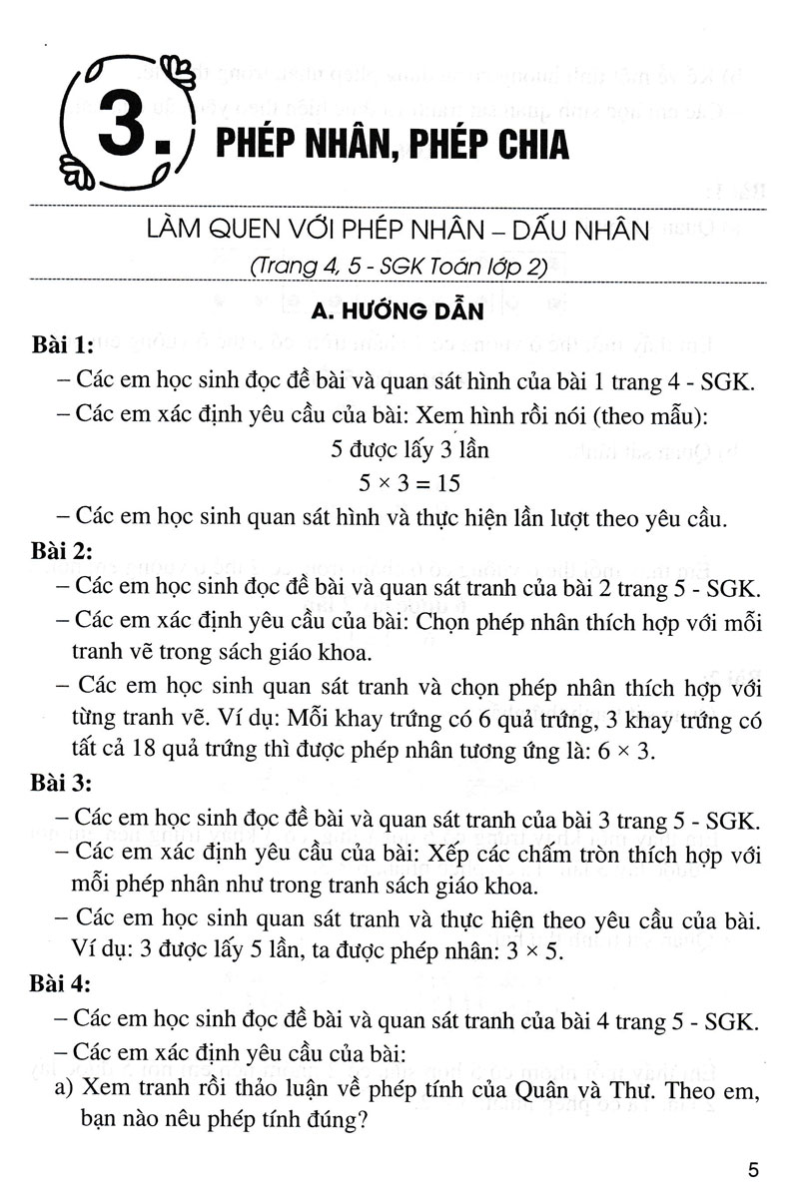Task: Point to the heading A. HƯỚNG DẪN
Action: point(397,313)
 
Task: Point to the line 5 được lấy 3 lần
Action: point(409,449)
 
